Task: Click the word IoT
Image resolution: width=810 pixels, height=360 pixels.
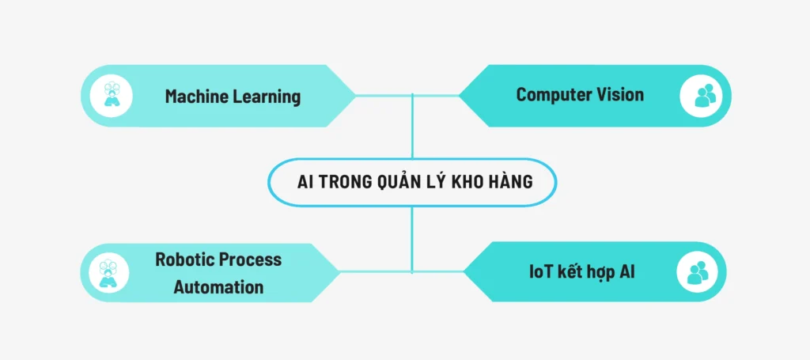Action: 541,273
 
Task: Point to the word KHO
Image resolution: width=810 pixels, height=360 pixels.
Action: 473,182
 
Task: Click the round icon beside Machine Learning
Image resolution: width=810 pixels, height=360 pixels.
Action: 112,96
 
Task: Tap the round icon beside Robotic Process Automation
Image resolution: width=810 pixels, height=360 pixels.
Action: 112,273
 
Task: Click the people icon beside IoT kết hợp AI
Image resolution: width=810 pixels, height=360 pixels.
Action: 698,272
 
